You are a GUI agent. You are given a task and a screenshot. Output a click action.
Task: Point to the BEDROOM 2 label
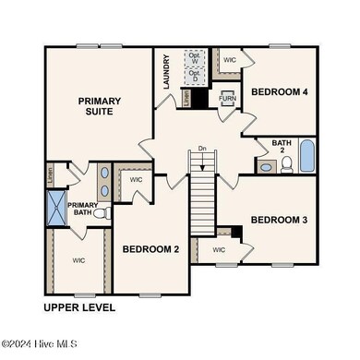click(x=150, y=249)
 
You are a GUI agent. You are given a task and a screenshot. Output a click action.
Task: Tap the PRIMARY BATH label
click(x=81, y=210)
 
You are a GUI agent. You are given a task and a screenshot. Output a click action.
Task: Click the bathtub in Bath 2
click(x=306, y=156)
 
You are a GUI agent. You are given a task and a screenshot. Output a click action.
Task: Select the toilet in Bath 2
click(x=286, y=165)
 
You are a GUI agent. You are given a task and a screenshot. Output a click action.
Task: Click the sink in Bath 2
click(x=266, y=166)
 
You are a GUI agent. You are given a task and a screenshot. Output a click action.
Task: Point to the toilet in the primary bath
click(x=101, y=213)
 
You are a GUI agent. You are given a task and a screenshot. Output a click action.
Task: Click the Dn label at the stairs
click(x=201, y=148)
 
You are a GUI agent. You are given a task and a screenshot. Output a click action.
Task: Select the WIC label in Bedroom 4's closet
click(x=230, y=59)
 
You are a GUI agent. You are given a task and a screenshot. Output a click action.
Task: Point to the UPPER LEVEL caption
click(x=79, y=307)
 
